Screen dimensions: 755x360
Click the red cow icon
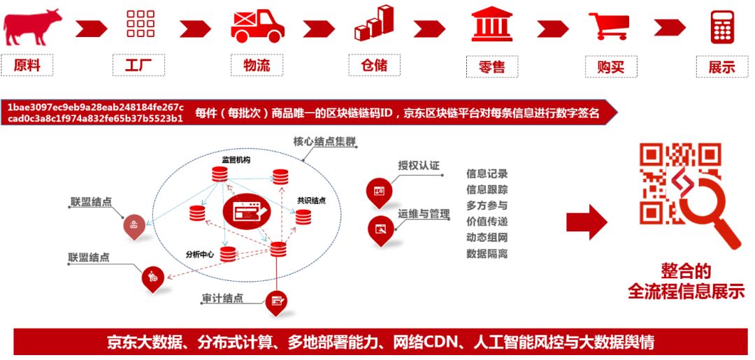point(31,27)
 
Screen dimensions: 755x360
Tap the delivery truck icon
point(257,26)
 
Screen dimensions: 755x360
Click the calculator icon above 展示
point(722,27)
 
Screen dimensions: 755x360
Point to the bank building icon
point(491,24)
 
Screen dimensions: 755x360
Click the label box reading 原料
point(27,65)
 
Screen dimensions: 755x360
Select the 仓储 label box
point(374,65)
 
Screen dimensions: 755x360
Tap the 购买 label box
point(611,66)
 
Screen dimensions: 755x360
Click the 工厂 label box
point(138,65)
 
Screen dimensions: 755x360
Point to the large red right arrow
point(587,222)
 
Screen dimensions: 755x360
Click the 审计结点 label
point(222,298)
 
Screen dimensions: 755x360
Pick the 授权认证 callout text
point(419,166)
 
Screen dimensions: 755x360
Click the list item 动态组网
point(487,237)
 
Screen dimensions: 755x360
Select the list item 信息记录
point(487,174)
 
